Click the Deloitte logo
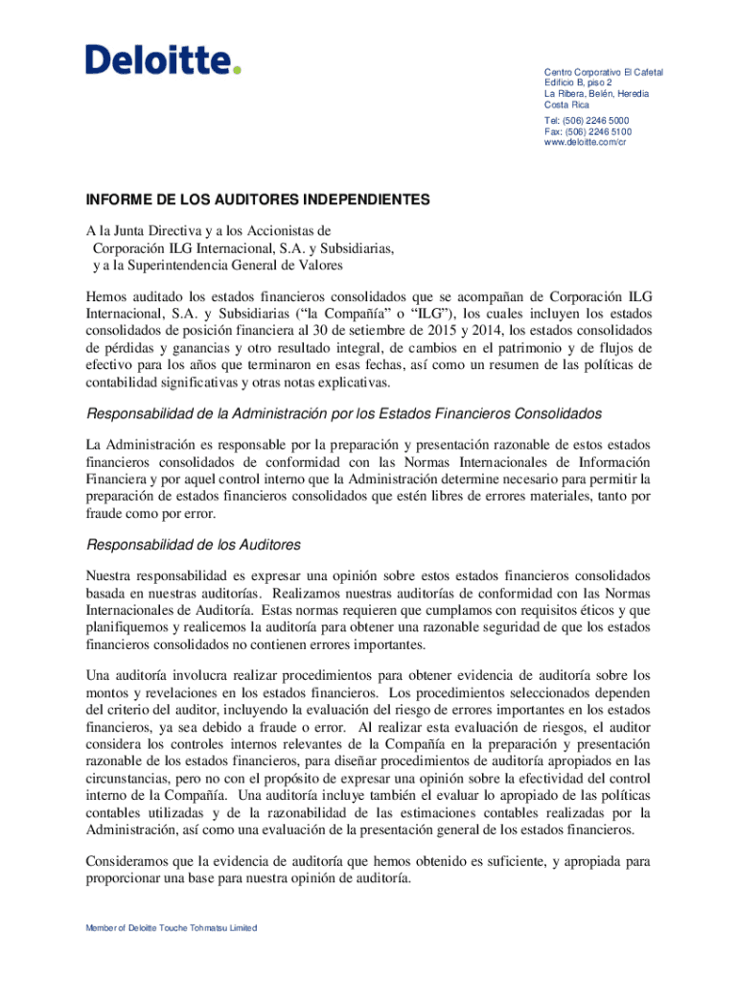pyautogui.click(x=163, y=60)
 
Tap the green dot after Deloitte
pyautogui.click(x=237, y=70)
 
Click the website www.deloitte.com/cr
pyautogui.click(x=585, y=142)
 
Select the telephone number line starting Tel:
pyautogui.click(x=587, y=121)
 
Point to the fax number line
pyautogui.click(x=588, y=131)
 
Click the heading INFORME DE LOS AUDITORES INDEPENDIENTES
pyautogui.click(x=258, y=200)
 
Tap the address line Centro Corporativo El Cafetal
pyautogui.click(x=603, y=73)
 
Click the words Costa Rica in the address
pyautogui.click(x=567, y=105)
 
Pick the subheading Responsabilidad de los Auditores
pyautogui.click(x=194, y=545)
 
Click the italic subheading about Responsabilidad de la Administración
pyautogui.click(x=344, y=413)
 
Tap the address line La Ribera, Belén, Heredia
pyautogui.click(x=596, y=94)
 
